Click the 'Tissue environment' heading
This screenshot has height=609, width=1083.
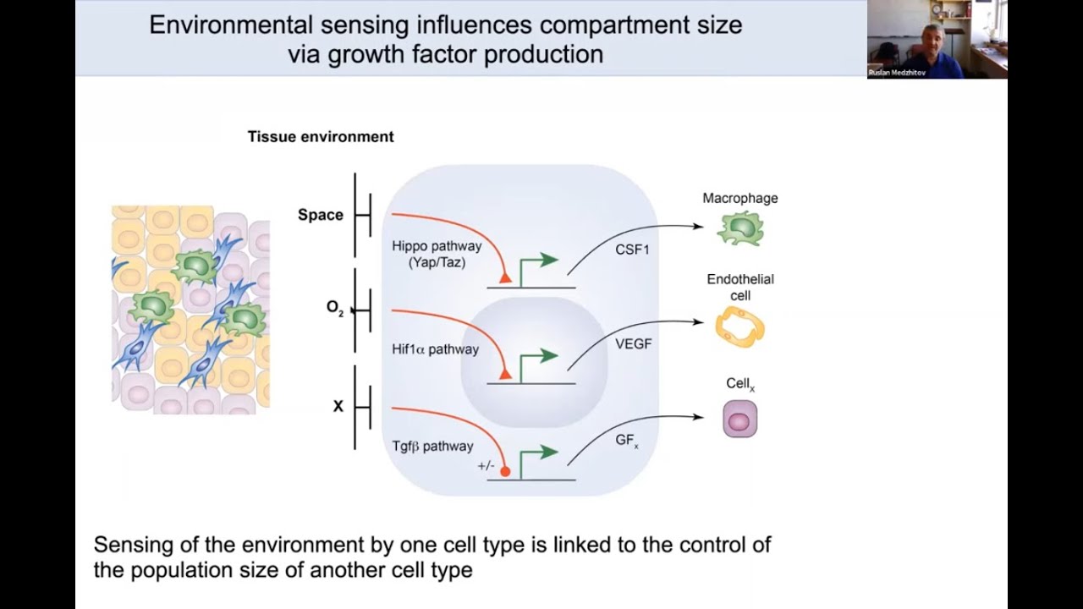click(x=320, y=136)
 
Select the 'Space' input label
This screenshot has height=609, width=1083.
click(x=320, y=215)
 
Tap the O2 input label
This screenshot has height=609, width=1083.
click(x=335, y=308)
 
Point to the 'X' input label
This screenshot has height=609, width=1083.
click(x=338, y=406)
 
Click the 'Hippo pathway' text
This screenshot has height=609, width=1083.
click(x=436, y=246)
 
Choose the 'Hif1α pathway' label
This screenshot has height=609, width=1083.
click(x=435, y=349)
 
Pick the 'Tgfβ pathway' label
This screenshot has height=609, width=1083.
click(x=432, y=446)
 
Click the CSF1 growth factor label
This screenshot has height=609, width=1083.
click(x=632, y=250)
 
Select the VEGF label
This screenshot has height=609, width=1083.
click(x=634, y=344)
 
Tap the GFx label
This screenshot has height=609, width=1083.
click(x=627, y=442)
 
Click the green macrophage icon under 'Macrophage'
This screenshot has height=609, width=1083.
click(x=740, y=228)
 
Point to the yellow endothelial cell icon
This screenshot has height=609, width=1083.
click(x=739, y=327)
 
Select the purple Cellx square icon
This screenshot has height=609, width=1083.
click(x=739, y=420)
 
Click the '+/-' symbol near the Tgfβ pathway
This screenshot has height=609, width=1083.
click(x=486, y=466)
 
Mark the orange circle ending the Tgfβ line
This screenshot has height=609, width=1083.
click(x=505, y=471)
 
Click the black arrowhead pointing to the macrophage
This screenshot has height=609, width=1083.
click(x=697, y=226)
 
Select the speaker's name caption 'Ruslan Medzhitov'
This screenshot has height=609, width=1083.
click(x=898, y=74)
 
